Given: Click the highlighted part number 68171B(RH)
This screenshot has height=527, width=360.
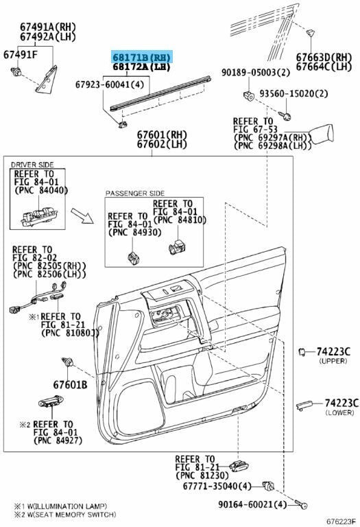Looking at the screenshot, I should point(142,57).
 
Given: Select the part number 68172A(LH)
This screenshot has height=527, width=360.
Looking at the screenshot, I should point(141,67).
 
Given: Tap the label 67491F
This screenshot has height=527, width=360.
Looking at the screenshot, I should point(21,54).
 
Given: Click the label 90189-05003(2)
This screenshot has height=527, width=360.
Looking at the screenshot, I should point(252,71).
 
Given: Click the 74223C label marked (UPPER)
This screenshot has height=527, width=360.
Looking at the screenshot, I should point(337,351).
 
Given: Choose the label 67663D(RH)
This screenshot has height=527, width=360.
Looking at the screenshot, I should point(323,56).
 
